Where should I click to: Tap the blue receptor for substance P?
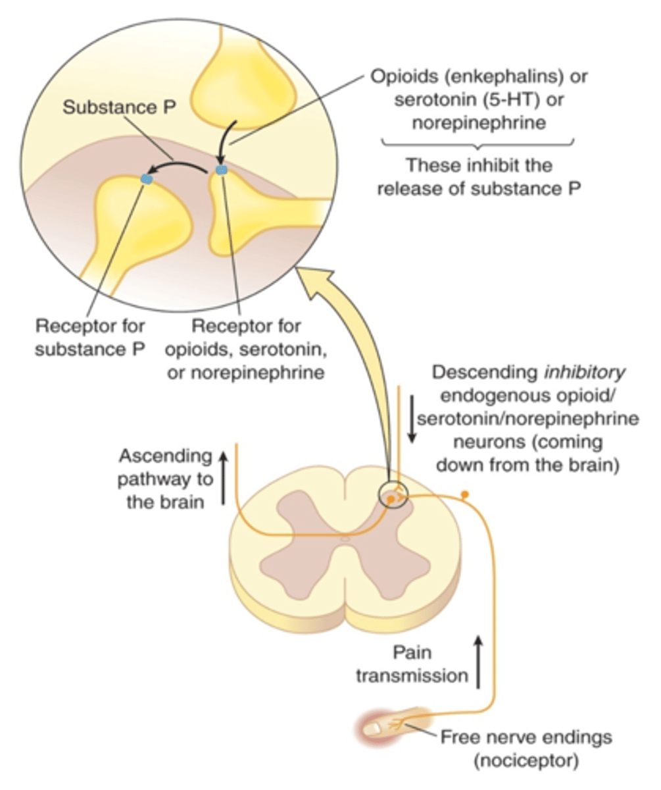(x=147, y=178)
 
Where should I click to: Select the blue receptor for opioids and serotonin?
(x=222, y=171)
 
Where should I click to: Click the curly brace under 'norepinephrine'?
(x=478, y=142)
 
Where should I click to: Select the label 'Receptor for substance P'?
(x=91, y=336)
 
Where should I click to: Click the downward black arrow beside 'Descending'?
(x=412, y=422)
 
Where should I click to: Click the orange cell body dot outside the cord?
(x=465, y=493)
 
